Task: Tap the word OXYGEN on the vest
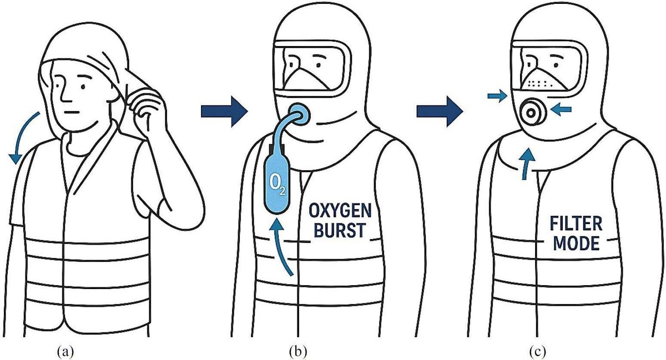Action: click(340, 211)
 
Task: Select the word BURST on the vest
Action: click(340, 230)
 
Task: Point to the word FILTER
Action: click(576, 224)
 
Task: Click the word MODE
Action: click(576, 243)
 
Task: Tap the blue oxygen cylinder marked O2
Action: click(276, 184)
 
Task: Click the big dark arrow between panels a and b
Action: click(224, 112)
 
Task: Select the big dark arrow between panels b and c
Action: click(440, 112)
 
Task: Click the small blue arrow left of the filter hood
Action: click(497, 95)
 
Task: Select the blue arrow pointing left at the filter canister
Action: click(561, 110)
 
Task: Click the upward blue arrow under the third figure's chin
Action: click(527, 164)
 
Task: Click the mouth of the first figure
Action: click(72, 113)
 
